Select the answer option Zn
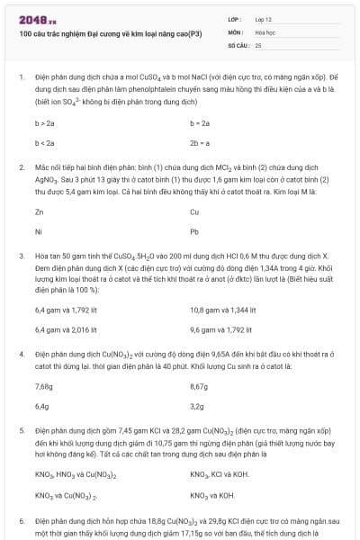pos(39,211)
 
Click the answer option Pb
pos(194,231)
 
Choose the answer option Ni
pos(39,231)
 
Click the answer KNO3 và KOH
pos(212,494)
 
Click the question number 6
pos(21,521)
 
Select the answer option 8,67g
pos(200,386)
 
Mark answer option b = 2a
pos(200,121)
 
